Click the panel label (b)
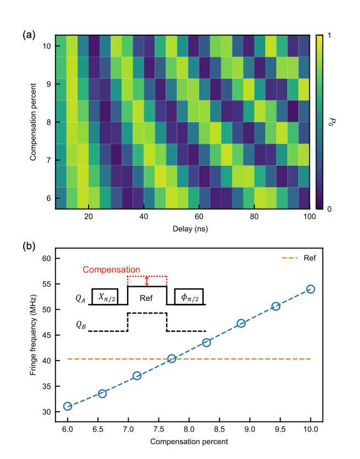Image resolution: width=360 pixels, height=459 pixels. pyautogui.click(x=29, y=247)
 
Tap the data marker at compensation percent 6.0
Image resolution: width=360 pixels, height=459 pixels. pyautogui.click(x=68, y=406)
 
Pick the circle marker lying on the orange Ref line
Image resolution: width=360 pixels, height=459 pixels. pyautogui.click(x=172, y=358)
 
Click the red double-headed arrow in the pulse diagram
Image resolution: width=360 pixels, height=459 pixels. pyautogui.click(x=146, y=281)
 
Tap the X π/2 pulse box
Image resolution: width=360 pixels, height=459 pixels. pyautogui.click(x=105, y=297)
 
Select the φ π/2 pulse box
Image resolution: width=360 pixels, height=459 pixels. pyautogui.click(x=189, y=297)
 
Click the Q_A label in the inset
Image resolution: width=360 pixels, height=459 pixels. pyautogui.click(x=80, y=299)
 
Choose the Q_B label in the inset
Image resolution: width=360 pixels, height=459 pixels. pyautogui.click(x=80, y=324)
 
